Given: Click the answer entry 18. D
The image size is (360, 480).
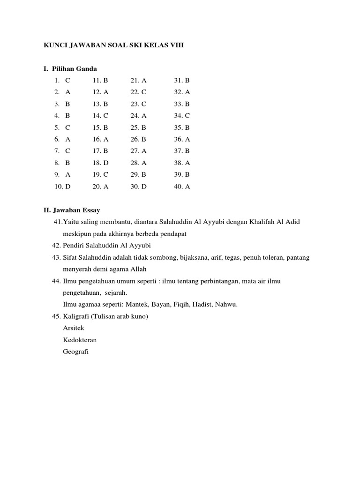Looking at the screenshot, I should click(x=100, y=163).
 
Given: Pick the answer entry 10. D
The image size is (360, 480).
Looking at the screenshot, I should click(x=62, y=186).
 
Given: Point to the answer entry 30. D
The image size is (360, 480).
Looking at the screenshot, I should click(x=139, y=186).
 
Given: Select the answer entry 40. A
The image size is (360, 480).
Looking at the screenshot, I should click(x=182, y=186).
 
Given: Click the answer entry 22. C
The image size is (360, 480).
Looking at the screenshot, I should click(x=139, y=92).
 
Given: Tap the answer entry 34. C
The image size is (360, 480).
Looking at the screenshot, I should click(x=182, y=116).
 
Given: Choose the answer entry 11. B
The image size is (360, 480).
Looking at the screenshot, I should click(x=100, y=81).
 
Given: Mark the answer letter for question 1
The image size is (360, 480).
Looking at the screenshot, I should click(x=68, y=81).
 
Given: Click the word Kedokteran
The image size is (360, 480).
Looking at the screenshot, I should click(x=80, y=340).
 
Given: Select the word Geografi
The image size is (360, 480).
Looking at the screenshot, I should click(x=75, y=352).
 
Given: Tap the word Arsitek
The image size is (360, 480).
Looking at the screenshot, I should click(x=73, y=328).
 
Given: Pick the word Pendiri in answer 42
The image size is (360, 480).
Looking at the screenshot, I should click(x=74, y=246).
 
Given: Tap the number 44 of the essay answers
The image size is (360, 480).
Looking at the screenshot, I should click(x=56, y=281).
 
